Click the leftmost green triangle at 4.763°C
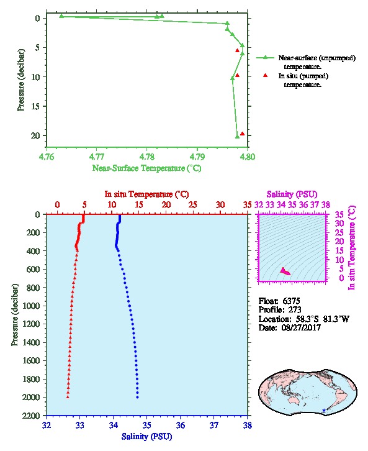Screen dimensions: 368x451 click(61, 16)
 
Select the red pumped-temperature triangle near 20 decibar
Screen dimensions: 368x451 click(242, 134)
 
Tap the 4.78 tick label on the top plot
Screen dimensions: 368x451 click(147, 157)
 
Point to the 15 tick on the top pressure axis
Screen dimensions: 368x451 click(35, 106)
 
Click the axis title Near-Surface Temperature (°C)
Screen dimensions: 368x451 click(147, 168)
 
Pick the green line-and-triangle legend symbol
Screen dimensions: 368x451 click(265, 58)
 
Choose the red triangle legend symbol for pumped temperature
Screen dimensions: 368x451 click(265, 75)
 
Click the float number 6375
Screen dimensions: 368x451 click(291, 301)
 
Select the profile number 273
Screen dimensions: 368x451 click(295, 309)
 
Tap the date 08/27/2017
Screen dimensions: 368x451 click(301, 327)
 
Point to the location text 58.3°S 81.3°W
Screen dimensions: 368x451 click(321, 319)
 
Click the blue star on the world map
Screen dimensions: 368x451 click(324, 410)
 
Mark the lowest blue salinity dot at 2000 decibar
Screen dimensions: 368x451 click(137, 397)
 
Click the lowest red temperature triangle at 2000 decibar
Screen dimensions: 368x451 click(68, 397)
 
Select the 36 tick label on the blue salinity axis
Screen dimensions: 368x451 click(181, 425)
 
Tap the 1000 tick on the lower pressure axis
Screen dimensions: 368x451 click(33, 306)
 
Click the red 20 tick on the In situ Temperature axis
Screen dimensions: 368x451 click(166, 205)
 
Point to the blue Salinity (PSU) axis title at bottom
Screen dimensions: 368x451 click(147, 437)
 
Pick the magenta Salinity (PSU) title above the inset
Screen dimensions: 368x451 click(292, 194)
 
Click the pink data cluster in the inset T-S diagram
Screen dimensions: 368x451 click(285, 271)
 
